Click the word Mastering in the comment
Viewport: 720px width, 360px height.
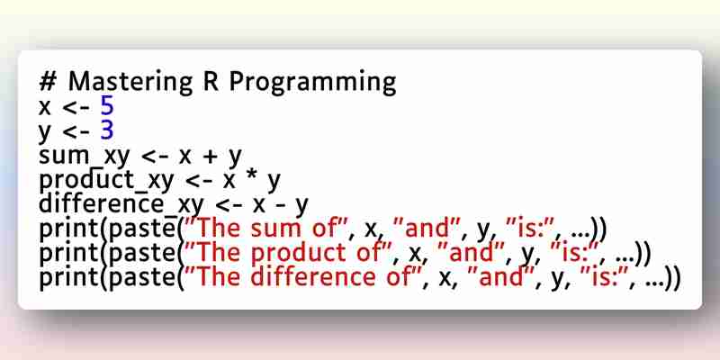[x=130, y=83]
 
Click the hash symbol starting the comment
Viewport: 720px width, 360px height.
[x=48, y=83]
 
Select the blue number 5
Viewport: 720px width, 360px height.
[x=106, y=107]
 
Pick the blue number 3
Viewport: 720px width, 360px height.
[x=106, y=131]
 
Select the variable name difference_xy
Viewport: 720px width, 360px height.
[x=121, y=205]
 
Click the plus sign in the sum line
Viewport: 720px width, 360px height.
[x=210, y=157]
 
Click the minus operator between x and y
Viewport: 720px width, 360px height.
[x=279, y=206]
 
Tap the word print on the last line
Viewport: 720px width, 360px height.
[x=70, y=279]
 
